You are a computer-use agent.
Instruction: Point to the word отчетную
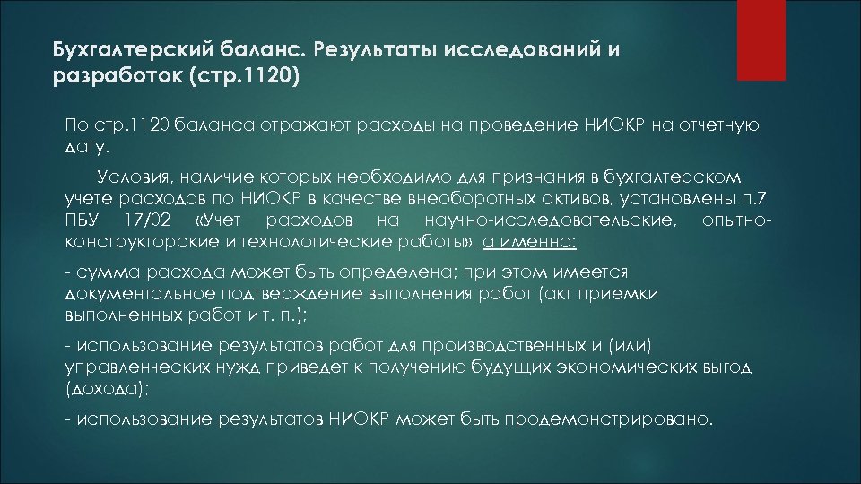(x=723, y=125)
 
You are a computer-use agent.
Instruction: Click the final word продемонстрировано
(x=609, y=419)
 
